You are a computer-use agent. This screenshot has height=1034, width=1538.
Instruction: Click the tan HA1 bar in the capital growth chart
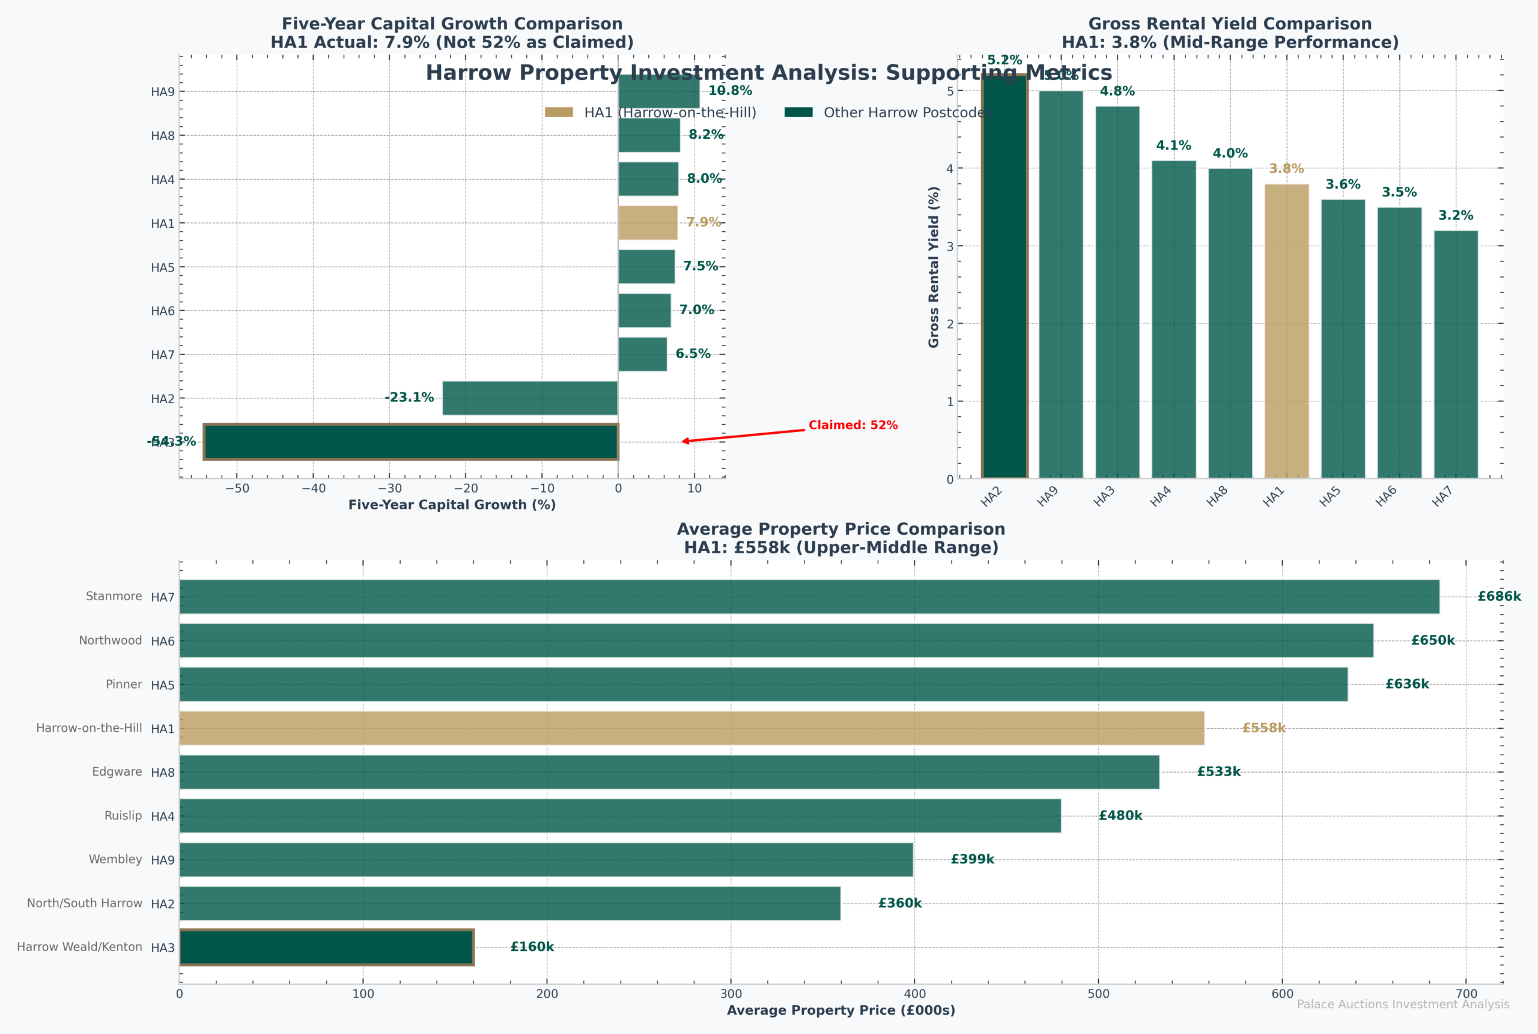[x=648, y=223]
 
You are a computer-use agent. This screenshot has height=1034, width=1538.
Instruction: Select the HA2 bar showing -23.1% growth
[x=529, y=398]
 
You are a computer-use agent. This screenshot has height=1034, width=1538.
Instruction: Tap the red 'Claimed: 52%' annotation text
[x=853, y=425]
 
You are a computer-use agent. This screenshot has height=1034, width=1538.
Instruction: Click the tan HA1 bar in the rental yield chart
[x=1286, y=331]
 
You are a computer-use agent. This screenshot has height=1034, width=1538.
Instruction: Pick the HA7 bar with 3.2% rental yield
[x=1455, y=354]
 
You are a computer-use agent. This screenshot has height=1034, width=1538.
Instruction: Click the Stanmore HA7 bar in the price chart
[x=809, y=597]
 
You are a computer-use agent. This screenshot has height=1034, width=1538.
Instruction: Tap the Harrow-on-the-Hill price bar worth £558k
[x=691, y=728]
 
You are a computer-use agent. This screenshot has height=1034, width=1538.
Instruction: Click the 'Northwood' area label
[x=110, y=640]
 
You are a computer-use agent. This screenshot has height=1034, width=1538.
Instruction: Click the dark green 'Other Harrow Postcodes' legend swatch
[x=798, y=112]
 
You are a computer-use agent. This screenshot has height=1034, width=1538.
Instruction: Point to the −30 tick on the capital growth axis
[x=390, y=488]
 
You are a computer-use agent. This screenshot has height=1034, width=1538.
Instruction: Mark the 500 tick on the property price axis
[x=1098, y=994]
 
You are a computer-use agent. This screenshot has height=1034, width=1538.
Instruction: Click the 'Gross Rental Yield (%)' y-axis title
[x=934, y=267]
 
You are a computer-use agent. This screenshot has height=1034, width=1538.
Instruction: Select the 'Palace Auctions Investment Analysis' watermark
[x=1403, y=1005]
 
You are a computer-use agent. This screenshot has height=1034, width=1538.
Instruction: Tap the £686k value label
[x=1498, y=597]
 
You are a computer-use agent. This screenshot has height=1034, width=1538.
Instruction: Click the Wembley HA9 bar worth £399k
[x=546, y=859]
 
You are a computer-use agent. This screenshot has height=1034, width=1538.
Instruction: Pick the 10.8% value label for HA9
[x=730, y=91]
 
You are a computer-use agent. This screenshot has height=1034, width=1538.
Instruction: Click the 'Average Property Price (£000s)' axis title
[x=840, y=1010]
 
